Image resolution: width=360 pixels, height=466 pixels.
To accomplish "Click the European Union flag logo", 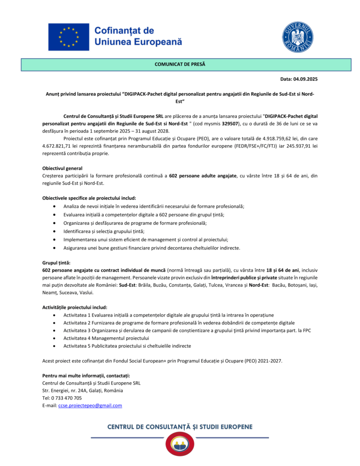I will pos(69,37).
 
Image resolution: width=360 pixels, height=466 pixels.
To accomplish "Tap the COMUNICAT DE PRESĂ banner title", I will pos(180,64).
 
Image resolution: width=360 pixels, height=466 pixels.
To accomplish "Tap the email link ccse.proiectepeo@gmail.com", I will pos(90,405).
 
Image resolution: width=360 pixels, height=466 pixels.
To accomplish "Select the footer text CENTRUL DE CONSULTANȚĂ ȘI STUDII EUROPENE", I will pos(180,427).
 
